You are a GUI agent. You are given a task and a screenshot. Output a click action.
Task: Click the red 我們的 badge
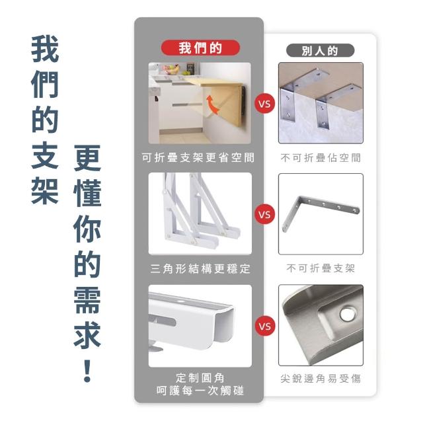pos(200,48)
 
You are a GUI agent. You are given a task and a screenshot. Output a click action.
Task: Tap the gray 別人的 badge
pos(320,50)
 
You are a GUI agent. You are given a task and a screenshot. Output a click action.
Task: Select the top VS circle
pos(264,104)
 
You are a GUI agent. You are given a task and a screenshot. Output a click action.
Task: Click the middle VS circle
pos(264,215)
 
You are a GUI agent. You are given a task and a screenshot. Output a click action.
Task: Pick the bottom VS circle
pos(264,326)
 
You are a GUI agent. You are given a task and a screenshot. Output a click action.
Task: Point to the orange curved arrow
pos(211,104)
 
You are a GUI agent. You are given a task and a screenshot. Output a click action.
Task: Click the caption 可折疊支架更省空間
pos(198,157)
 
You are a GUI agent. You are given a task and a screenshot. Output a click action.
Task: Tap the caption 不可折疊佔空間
pos(321,158)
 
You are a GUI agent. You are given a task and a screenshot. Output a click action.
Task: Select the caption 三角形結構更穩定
pos(200,269)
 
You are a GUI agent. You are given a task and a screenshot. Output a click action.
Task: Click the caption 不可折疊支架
pos(321,268)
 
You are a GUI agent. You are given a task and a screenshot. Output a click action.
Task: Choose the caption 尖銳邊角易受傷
pos(321,379)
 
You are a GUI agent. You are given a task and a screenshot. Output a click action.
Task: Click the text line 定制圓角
pos(200,377)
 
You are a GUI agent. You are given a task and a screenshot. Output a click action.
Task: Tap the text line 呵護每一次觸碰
pos(200,391)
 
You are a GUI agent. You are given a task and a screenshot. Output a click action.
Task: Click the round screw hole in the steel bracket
pos(348,313)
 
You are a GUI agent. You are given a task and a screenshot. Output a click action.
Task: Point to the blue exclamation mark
pos(87,371)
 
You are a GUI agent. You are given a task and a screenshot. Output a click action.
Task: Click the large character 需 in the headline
pos(87,299)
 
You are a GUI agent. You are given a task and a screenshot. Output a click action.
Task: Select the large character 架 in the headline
pos(45,191)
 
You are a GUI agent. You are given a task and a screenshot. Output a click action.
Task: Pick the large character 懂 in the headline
pos(87,193)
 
